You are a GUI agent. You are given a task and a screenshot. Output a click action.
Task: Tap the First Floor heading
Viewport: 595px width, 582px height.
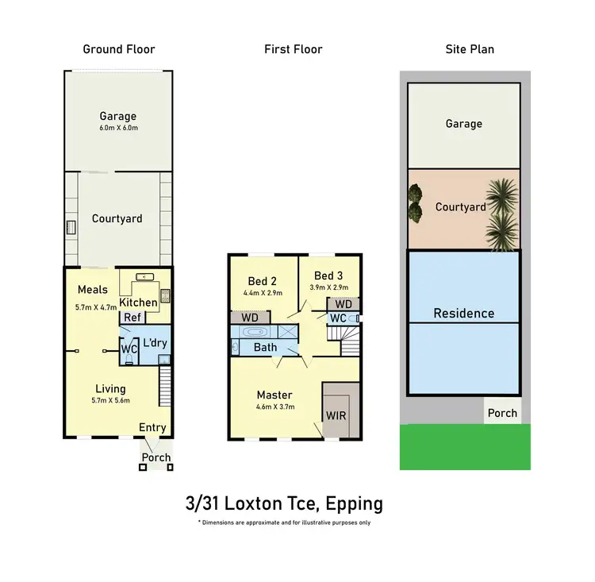[x=294, y=49]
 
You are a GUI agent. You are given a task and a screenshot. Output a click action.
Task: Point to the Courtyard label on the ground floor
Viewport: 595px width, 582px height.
[x=117, y=219]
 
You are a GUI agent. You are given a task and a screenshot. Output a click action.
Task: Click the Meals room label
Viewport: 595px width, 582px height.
[x=93, y=289]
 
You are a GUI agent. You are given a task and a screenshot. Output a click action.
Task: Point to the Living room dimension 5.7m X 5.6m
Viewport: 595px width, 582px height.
[x=111, y=400]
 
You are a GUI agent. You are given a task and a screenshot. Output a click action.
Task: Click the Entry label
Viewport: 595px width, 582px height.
[x=152, y=428]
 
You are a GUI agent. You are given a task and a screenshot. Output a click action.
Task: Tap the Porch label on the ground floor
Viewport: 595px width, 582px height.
[x=155, y=457]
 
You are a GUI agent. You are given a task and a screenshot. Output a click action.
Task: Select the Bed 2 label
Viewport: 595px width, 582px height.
[x=262, y=282]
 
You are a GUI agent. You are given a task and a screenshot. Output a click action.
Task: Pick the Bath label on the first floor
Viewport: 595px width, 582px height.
[x=264, y=347]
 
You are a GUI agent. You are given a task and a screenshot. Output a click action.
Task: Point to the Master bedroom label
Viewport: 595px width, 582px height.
[x=274, y=395]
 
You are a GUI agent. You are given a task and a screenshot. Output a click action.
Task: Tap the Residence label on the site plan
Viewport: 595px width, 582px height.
[x=464, y=313]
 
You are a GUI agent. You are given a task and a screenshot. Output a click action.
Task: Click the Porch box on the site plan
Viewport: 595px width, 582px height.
[x=502, y=413]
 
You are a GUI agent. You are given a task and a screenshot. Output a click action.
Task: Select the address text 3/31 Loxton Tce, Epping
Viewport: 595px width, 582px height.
[x=284, y=503]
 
